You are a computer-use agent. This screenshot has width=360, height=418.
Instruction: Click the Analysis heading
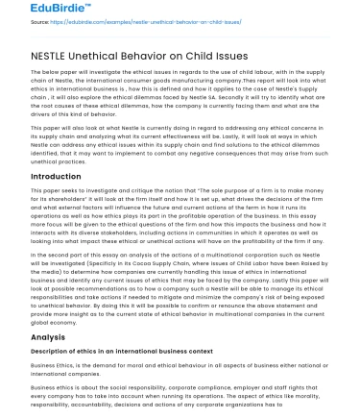tap(48, 337)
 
